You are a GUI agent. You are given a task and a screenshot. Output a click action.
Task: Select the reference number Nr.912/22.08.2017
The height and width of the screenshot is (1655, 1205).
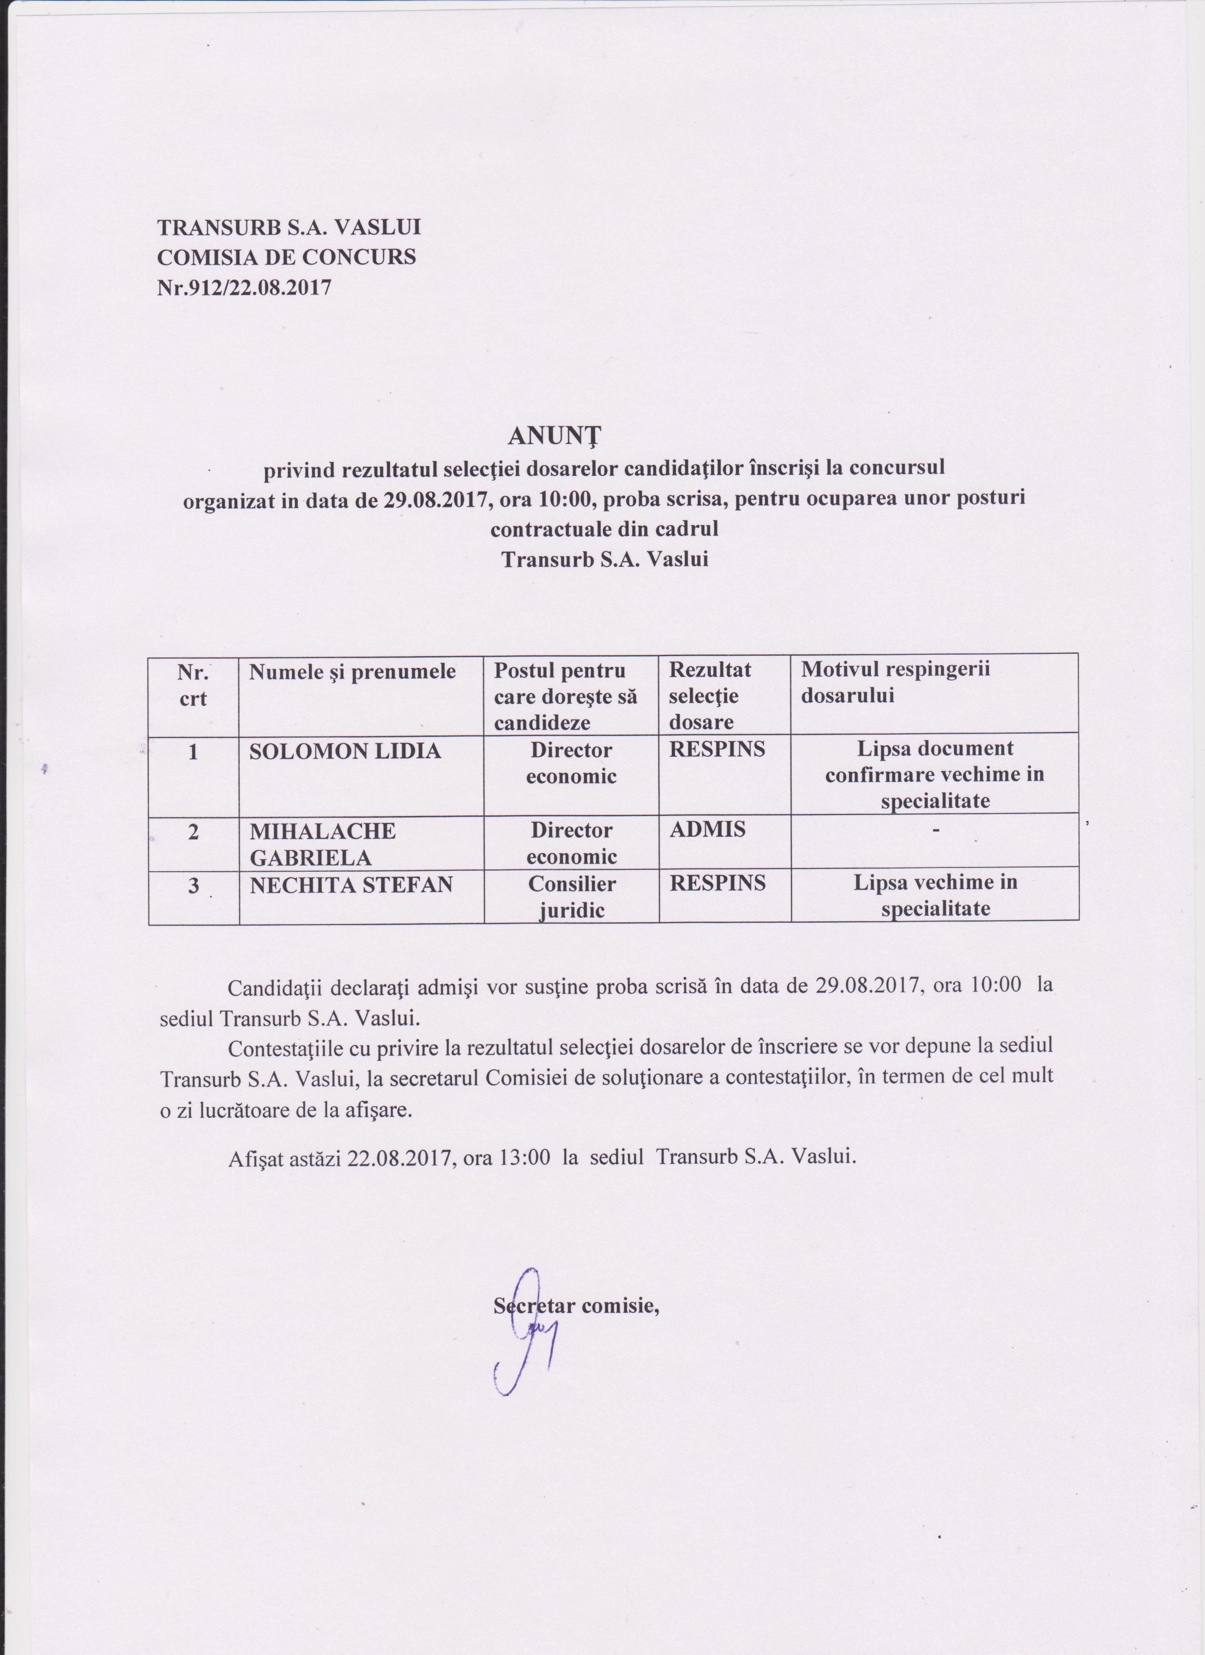click(244, 287)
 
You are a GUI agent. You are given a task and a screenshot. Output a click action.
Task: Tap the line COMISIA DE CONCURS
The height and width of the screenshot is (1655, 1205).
click(287, 257)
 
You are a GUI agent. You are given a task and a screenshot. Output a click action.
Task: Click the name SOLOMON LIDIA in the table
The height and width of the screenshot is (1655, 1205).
click(345, 751)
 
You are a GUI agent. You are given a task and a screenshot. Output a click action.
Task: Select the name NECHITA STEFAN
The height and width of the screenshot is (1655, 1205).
click(351, 885)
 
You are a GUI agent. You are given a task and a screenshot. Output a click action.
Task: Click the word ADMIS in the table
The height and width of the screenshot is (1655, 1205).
click(707, 829)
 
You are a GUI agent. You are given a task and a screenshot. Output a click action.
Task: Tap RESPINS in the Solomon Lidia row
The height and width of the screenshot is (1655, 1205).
click(717, 749)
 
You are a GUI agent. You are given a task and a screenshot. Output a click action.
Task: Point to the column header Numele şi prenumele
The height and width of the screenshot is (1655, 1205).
click(353, 671)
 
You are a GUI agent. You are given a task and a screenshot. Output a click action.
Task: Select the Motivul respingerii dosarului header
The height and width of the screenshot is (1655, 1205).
click(896, 682)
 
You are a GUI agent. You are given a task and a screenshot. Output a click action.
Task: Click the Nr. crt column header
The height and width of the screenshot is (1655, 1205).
click(193, 685)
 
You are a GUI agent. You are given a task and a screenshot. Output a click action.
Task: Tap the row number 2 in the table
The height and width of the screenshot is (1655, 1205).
click(193, 831)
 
